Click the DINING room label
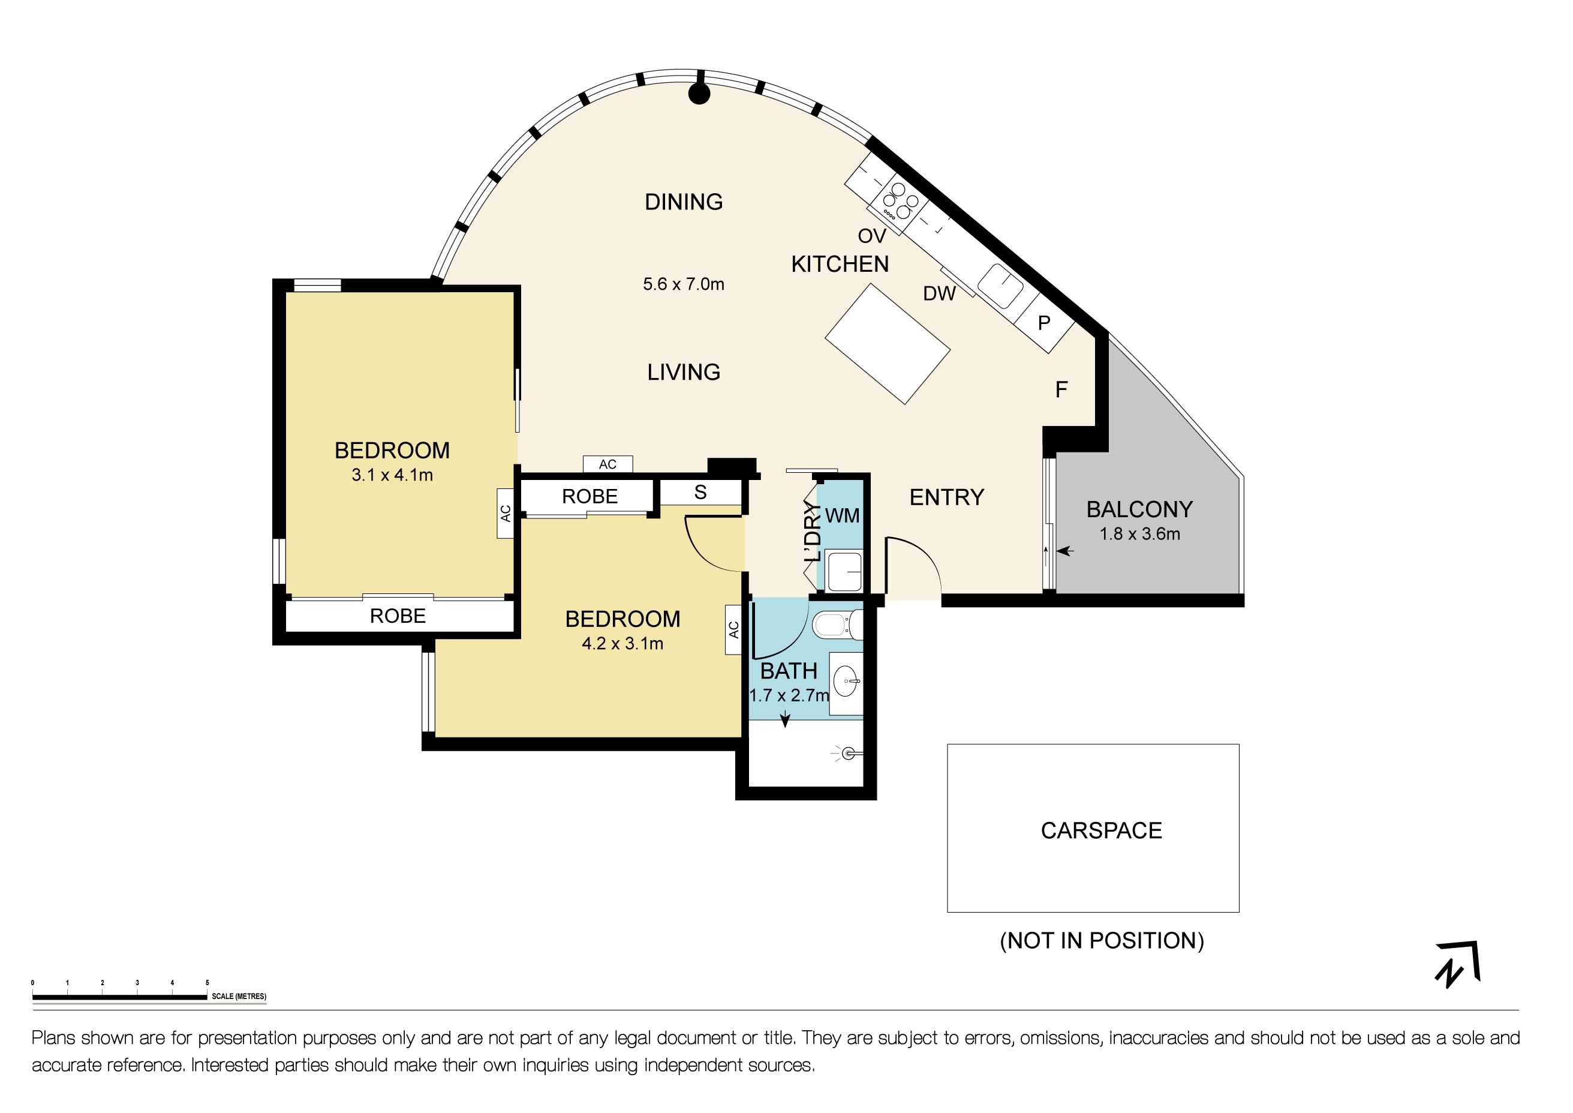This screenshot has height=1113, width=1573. pyautogui.click(x=683, y=202)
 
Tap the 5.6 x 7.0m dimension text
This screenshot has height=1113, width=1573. pyautogui.click(x=683, y=284)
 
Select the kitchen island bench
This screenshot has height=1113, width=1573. pyautogui.click(x=886, y=344)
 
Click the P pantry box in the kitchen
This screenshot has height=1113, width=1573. pyautogui.click(x=1043, y=323)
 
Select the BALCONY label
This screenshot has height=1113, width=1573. pyautogui.click(x=1139, y=509)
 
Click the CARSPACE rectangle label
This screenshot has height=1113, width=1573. pyautogui.click(x=1100, y=830)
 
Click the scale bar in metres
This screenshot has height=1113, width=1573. pyautogui.click(x=120, y=997)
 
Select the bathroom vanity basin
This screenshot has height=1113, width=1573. pyautogui.click(x=847, y=683)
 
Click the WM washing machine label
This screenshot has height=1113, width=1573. pyautogui.click(x=842, y=515)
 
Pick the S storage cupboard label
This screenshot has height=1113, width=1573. pyautogui.click(x=700, y=493)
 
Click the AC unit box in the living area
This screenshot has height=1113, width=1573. pyautogui.click(x=607, y=464)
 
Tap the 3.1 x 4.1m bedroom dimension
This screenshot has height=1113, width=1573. pyautogui.click(x=392, y=475)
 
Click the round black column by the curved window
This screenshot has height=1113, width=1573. pyautogui.click(x=698, y=94)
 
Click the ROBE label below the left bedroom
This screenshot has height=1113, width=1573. pyautogui.click(x=398, y=616)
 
